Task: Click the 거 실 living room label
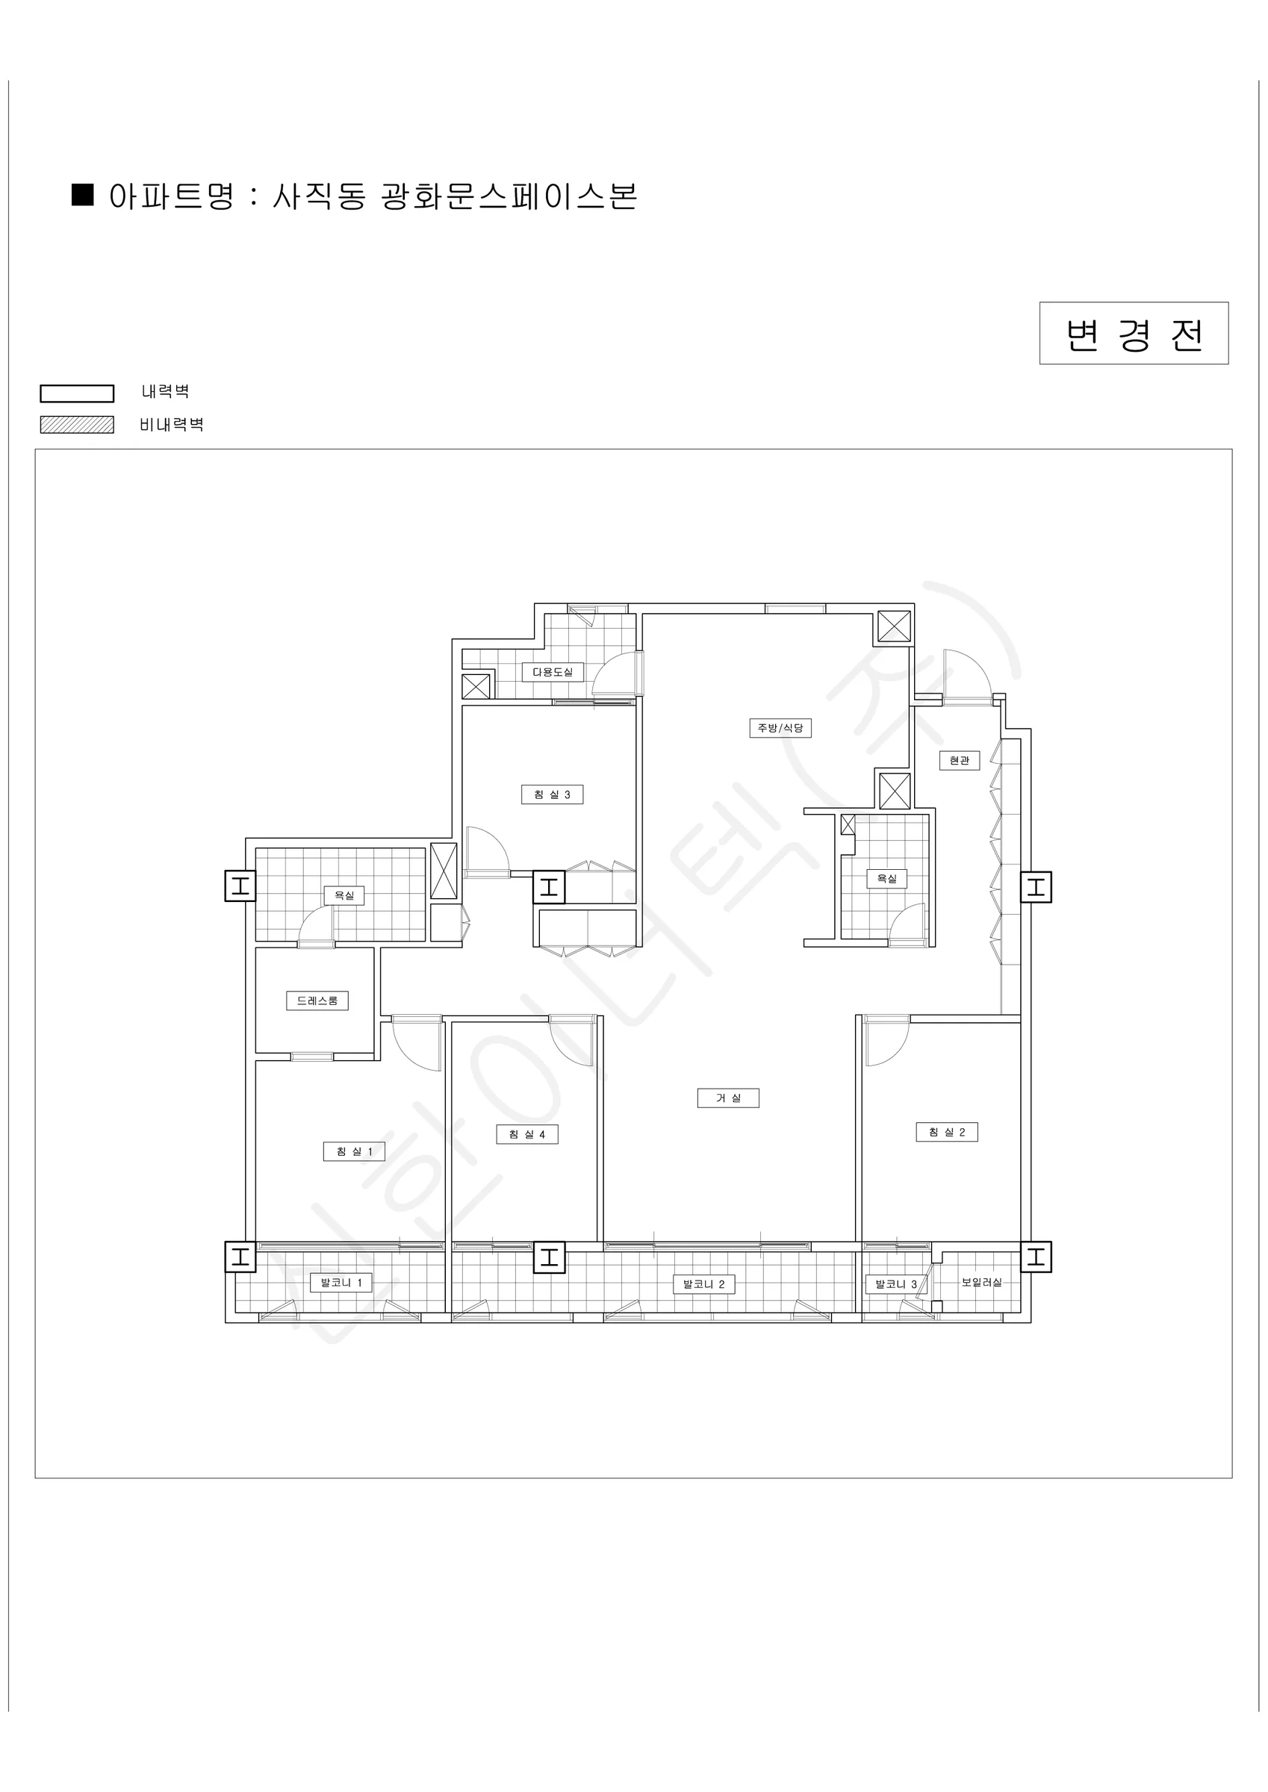pyautogui.click(x=727, y=1098)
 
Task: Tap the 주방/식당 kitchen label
pyautogui.click(x=780, y=728)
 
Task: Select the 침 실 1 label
pyautogui.click(x=354, y=1151)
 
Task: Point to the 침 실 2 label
pyautogui.click(x=946, y=1132)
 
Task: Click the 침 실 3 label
pyautogui.click(x=552, y=794)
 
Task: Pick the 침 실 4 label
pyautogui.click(x=527, y=1134)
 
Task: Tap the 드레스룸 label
pyautogui.click(x=317, y=1001)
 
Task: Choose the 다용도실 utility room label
pyautogui.click(x=553, y=672)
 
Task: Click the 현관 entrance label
pyautogui.click(x=960, y=760)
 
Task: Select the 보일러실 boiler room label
pyautogui.click(x=981, y=1282)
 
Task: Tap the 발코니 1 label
pyautogui.click(x=341, y=1282)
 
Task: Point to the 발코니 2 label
pyautogui.click(x=703, y=1284)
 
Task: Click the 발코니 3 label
pyautogui.click(x=895, y=1284)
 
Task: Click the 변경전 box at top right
pyautogui.click(x=1134, y=333)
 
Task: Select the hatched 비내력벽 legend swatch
pyautogui.click(x=76, y=425)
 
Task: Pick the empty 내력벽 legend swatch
pyautogui.click(x=76, y=393)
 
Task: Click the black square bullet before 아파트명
pyautogui.click(x=83, y=194)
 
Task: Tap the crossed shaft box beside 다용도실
pyautogui.click(x=476, y=686)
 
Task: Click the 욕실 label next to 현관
pyautogui.click(x=887, y=879)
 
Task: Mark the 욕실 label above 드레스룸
pyautogui.click(x=344, y=895)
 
